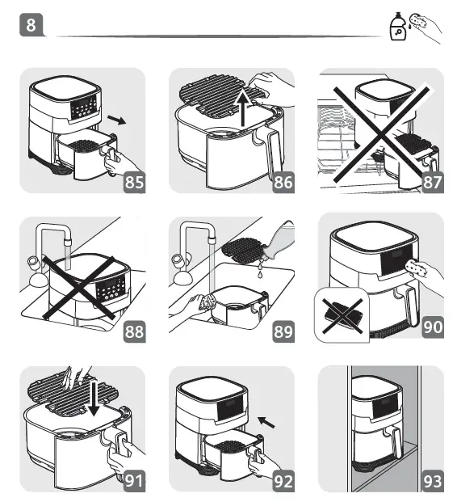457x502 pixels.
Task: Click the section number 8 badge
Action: (x=31, y=24)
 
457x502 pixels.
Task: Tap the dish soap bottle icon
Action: (x=398, y=27)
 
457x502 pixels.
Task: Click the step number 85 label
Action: (x=134, y=182)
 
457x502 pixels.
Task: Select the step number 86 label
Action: (x=283, y=182)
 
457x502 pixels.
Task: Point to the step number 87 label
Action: (x=433, y=182)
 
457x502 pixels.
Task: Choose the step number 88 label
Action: (x=134, y=331)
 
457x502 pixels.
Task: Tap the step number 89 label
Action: (x=283, y=331)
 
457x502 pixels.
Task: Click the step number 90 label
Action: (x=433, y=327)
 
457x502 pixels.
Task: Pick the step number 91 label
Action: (x=134, y=480)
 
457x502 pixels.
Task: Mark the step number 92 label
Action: (x=283, y=480)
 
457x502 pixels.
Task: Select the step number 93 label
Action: (x=433, y=480)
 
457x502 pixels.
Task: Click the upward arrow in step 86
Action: (x=243, y=108)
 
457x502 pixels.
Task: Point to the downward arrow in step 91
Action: (x=94, y=398)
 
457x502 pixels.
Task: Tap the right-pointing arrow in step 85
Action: (x=117, y=120)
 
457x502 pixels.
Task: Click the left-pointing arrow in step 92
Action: (x=266, y=422)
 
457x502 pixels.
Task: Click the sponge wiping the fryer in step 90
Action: (x=417, y=268)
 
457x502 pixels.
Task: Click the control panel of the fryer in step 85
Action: (x=83, y=108)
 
